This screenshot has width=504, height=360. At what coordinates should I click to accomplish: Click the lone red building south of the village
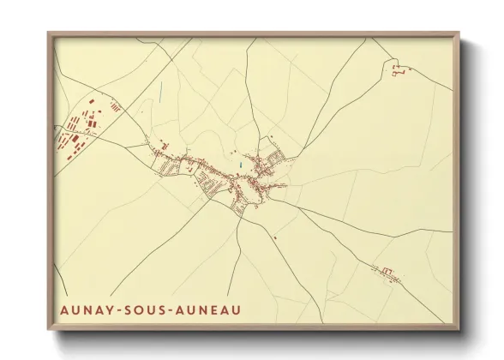coord(275,237)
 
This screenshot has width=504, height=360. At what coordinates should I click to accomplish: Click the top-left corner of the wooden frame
coord(49,34)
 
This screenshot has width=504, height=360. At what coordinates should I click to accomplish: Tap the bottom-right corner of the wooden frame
coord(459,331)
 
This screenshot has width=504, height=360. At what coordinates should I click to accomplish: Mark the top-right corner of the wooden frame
coord(459,34)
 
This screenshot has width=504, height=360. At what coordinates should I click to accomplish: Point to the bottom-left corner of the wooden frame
coord(49,331)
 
